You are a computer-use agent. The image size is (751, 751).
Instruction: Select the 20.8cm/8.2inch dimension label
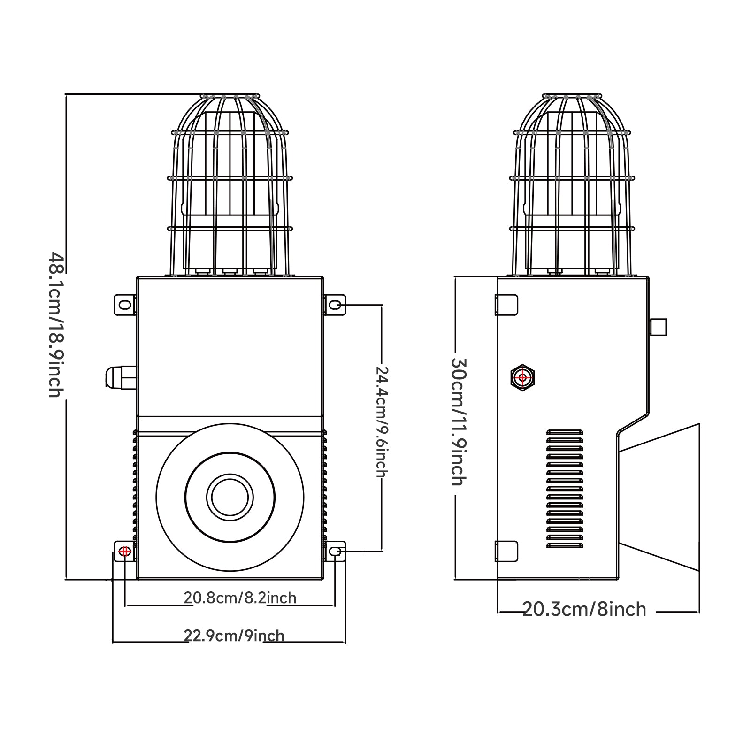(240, 598)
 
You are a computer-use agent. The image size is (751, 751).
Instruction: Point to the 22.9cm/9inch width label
(234, 636)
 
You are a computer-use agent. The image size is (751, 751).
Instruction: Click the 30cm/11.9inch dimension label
(458, 421)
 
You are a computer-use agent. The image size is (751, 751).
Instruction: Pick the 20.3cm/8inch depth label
(584, 609)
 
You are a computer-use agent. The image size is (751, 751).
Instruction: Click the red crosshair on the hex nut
(523, 377)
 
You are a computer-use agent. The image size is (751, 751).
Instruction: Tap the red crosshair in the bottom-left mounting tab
(125, 552)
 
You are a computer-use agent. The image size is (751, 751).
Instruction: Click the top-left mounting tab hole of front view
(125, 305)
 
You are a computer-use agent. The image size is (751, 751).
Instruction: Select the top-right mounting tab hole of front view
(335, 305)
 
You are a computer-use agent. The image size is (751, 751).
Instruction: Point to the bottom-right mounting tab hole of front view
(335, 552)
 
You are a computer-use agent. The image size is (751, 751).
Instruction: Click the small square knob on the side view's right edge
(658, 327)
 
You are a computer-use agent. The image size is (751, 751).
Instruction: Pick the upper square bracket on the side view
(507, 305)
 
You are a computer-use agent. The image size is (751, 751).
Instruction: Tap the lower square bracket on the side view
(507, 552)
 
